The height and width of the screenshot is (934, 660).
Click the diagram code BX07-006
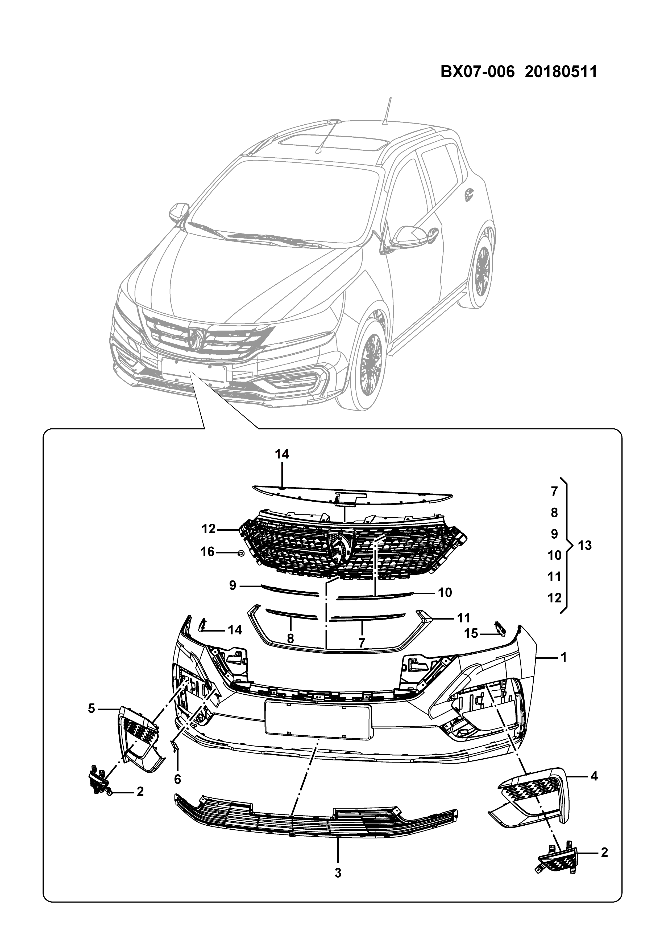click(478, 72)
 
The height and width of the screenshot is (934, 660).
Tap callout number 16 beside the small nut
click(208, 552)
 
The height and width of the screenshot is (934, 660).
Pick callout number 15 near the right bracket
click(471, 633)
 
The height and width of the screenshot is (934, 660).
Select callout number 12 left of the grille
click(209, 529)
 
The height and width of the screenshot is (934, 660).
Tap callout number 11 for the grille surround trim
click(464, 617)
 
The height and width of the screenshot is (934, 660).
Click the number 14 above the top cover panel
click(282, 454)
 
